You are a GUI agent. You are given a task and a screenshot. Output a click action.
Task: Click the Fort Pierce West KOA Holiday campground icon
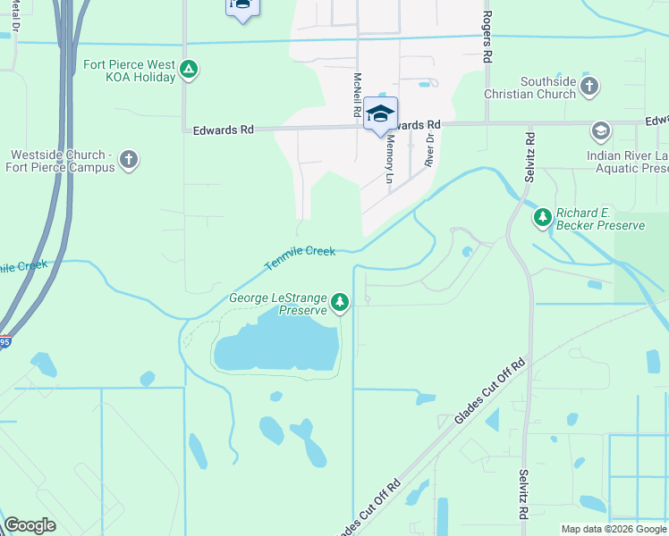coord(188,69)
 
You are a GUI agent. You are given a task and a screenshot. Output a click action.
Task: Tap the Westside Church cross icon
coord(129,160)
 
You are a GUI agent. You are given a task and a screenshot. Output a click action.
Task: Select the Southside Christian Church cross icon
coord(589,87)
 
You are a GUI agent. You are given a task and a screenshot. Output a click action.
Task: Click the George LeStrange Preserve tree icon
coord(339,304)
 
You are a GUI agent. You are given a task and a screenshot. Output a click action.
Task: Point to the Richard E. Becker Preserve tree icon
coord(542,217)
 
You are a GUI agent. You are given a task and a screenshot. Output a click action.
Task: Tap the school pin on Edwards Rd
coord(380,113)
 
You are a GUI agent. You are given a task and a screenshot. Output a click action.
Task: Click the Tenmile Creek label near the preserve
coord(300,258)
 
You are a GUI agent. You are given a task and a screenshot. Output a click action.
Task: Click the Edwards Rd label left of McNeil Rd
coord(224,130)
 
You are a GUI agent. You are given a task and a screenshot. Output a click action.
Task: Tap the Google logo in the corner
coord(30,525)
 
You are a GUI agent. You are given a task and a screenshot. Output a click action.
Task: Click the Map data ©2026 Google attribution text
coord(614,529)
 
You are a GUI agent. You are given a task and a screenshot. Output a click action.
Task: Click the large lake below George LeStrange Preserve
coord(277,344)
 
